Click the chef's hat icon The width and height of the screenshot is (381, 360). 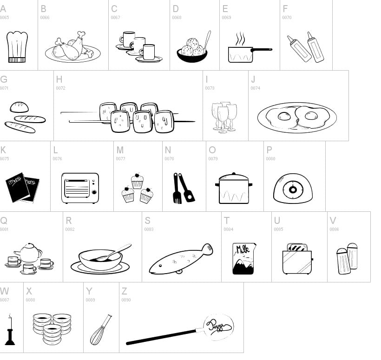pyautogui.click(x=17, y=46)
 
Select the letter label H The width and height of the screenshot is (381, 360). pyautogui.click(x=59, y=79)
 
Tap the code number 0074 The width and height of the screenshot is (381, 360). pyautogui.click(x=255, y=88)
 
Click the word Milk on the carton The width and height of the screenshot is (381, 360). pyautogui.click(x=243, y=249)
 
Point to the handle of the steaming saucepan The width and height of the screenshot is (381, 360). pyautogui.click(x=262, y=49)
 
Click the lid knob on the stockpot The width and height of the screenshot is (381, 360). pyautogui.click(x=234, y=175)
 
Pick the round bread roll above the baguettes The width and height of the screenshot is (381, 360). pyautogui.click(x=20, y=107)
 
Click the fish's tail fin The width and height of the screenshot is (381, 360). pyautogui.click(x=207, y=249)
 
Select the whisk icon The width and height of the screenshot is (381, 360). pyautogui.click(x=101, y=330)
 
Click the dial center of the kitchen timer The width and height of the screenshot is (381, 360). pyautogui.click(x=292, y=190)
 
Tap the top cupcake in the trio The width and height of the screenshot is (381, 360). pyautogui.click(x=137, y=181)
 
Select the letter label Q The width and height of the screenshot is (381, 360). pyautogui.click(x=4, y=221)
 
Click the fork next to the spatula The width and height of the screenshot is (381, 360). pyautogui.click(x=177, y=189)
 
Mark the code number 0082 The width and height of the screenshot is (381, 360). pyautogui.click(x=70, y=229)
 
